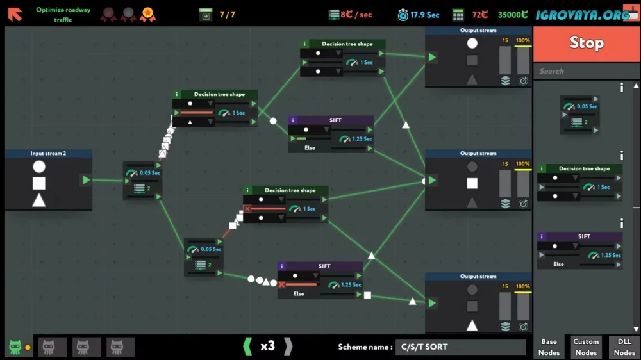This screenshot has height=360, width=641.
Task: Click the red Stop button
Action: point(587,43)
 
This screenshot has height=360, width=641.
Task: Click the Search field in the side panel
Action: point(587,72)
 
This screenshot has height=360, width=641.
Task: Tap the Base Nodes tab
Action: point(549,347)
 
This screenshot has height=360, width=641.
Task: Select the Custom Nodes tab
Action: point(586,347)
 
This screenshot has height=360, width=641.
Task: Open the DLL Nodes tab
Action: point(624,347)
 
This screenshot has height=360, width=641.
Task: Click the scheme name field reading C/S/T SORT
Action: point(460,347)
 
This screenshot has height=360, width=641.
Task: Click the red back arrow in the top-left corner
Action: point(15,14)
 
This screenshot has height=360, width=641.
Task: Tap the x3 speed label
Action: point(268,346)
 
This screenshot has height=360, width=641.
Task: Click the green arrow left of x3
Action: point(247,347)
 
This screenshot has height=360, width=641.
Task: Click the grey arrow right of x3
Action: point(288,347)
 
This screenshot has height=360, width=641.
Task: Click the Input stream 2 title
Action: point(48,154)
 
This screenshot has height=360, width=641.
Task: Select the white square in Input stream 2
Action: point(39,183)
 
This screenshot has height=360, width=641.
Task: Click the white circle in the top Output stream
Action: point(472,44)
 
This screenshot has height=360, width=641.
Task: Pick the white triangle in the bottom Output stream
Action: point(472,325)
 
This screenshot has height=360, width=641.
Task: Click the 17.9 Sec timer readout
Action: point(425,15)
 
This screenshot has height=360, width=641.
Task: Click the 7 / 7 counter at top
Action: point(228,15)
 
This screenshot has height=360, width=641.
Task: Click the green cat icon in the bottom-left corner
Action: point(15,347)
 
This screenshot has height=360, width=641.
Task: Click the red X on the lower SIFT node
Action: point(281,284)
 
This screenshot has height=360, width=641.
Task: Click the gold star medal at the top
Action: point(147,14)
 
